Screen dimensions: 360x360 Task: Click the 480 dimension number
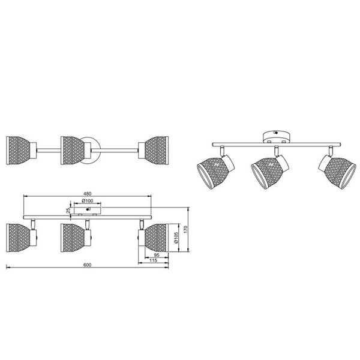88,193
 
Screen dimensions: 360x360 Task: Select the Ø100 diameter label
88,200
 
